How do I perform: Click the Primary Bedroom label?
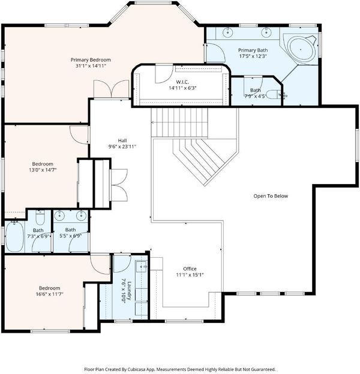click(91, 59)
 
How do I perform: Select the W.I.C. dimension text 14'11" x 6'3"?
click(182, 88)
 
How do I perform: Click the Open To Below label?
click(271, 196)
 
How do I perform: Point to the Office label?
click(190, 269)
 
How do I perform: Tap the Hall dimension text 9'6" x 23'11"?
click(122, 146)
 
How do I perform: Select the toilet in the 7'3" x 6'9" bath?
click(40, 218)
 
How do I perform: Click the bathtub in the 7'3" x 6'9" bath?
click(14, 236)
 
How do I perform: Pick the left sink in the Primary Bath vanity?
click(228, 32)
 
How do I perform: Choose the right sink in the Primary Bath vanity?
click(266, 32)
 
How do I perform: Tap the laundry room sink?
click(142, 267)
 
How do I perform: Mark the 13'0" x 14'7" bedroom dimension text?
click(43, 170)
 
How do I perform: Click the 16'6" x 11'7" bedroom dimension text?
click(50, 294)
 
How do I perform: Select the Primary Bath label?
click(253, 50)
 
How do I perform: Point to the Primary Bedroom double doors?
click(112, 89)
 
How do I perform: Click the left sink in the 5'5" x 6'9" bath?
click(59, 216)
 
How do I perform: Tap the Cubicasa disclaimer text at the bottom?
click(180, 369)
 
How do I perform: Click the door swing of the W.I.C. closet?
click(164, 74)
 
